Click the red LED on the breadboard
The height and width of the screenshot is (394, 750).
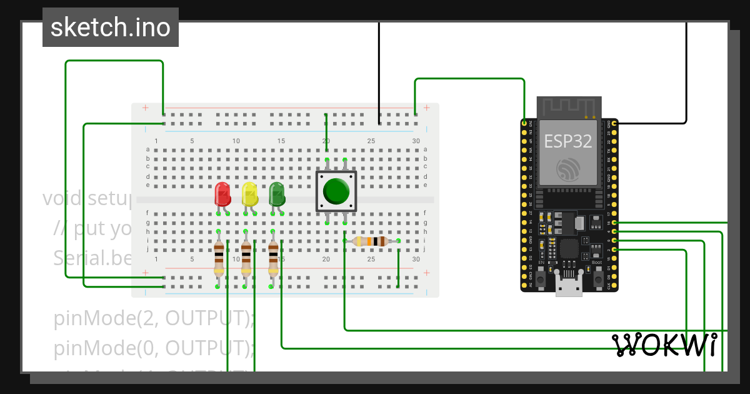click(222, 194)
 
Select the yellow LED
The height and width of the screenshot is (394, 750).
click(250, 194)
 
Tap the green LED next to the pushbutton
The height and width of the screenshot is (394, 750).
click(277, 194)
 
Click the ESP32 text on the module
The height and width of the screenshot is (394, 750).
click(567, 141)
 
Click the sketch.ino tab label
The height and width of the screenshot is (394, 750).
click(111, 28)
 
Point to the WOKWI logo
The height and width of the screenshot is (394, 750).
click(664, 345)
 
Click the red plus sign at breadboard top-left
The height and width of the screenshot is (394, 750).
click(146, 108)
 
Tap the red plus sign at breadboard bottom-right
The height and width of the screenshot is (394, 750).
click(427, 273)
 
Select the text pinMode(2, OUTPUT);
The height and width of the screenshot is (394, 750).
click(154, 318)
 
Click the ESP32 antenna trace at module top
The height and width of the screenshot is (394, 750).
click(569, 108)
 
